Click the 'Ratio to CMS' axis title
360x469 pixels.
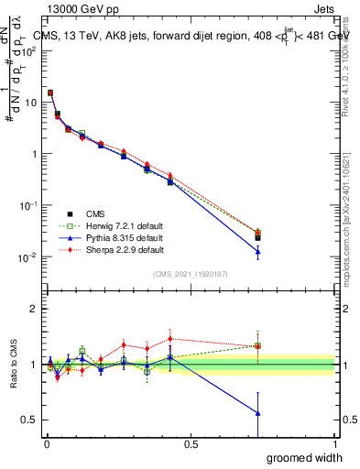pyautogui.click(x=13, y=365)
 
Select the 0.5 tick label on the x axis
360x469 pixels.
pyautogui.click(x=191, y=442)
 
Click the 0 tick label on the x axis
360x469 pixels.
pyautogui.click(x=47, y=442)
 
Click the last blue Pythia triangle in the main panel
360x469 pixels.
pyautogui.click(x=258, y=252)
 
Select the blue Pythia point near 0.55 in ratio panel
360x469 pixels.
pyautogui.click(x=258, y=413)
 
